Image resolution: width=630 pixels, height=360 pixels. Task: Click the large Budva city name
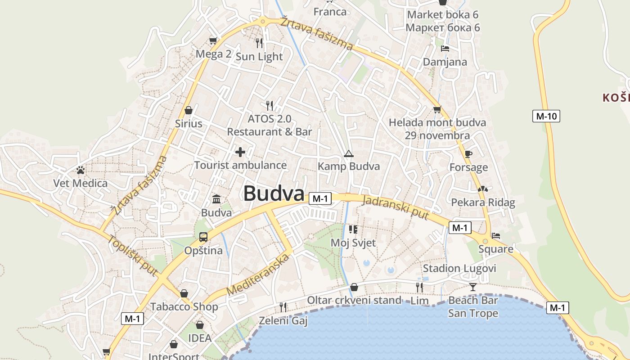[x=274, y=193]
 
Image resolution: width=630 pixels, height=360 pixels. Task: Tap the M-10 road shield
[x=546, y=116]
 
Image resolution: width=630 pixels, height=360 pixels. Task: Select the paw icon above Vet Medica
[x=81, y=170]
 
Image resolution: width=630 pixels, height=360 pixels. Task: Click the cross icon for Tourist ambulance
[x=240, y=152]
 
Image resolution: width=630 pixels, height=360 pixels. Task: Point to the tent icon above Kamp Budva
[x=348, y=154]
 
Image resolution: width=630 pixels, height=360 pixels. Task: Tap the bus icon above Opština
[x=203, y=237]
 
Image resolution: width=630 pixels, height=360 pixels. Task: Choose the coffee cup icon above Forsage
[x=468, y=154]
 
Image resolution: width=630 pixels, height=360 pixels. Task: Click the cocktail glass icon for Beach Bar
[x=472, y=287]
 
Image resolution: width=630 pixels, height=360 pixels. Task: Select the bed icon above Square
[x=495, y=235]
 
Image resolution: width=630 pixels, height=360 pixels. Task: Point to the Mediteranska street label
[x=257, y=275]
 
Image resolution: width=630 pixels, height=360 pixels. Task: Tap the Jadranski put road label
[x=395, y=207]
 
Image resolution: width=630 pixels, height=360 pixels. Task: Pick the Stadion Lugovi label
[x=459, y=269]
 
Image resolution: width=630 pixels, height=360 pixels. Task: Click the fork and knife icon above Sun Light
[x=259, y=43]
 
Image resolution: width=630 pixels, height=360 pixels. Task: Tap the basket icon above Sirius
[x=189, y=110]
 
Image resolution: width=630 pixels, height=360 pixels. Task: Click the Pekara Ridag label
[x=483, y=202]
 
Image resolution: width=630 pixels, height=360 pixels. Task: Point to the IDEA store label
[x=199, y=338]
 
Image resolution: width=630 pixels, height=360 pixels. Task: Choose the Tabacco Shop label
[x=184, y=307]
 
